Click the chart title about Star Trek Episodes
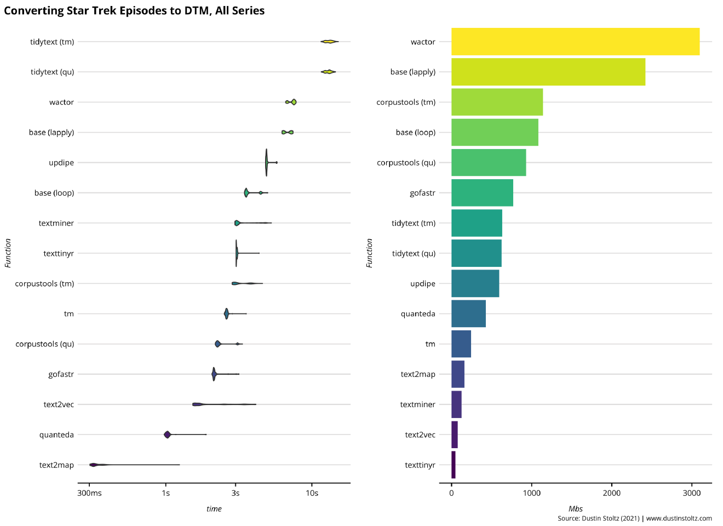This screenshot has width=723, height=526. point(134,10)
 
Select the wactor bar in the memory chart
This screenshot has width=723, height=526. point(575,42)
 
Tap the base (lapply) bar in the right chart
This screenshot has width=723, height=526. point(548,72)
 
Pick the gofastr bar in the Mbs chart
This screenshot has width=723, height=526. point(482,193)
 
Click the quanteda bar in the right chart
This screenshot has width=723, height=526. point(468,314)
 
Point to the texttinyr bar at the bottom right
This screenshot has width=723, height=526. point(454,465)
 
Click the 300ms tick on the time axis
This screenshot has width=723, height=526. point(89,493)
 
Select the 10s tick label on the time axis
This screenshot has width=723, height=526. point(312,493)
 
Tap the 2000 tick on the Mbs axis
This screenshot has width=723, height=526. point(612,493)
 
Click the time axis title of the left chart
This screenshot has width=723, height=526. point(214,509)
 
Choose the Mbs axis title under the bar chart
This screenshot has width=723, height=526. point(576,509)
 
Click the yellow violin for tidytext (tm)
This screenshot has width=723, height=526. point(329,42)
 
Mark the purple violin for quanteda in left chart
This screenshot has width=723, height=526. point(167,434)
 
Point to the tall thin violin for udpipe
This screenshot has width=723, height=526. point(267,162)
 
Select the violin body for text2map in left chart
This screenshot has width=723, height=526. point(94,465)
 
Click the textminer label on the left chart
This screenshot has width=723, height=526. point(56,223)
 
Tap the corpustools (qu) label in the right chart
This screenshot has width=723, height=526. point(406,163)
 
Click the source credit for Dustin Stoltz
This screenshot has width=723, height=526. point(634,518)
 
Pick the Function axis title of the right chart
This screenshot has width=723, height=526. point(369,253)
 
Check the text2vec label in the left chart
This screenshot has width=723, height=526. point(59,404)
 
